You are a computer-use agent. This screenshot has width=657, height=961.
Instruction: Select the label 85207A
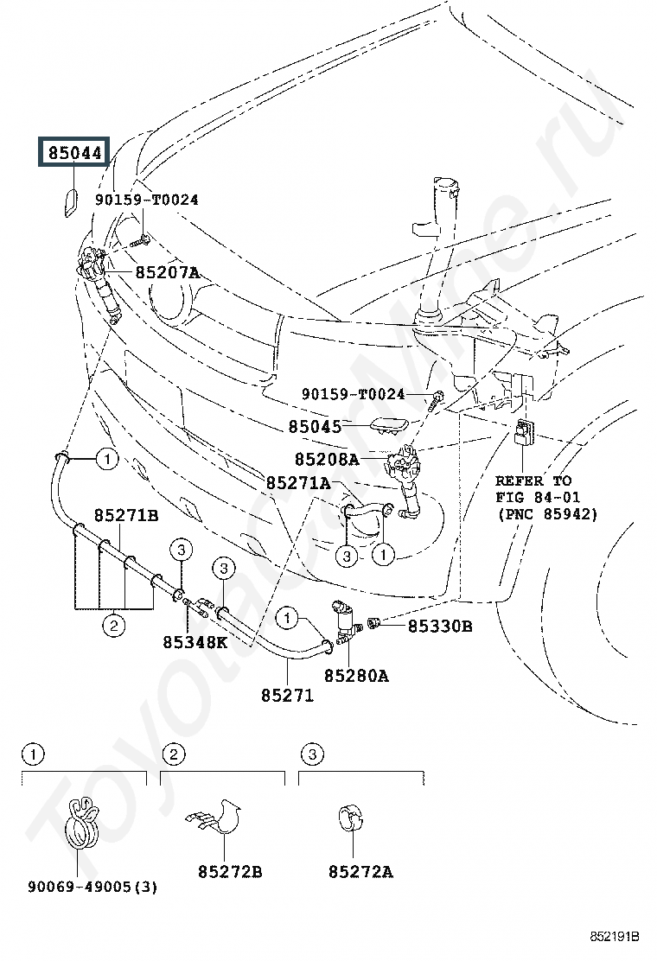pyautogui.click(x=166, y=272)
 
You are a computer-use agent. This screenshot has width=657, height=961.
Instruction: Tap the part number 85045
pyautogui.click(x=316, y=426)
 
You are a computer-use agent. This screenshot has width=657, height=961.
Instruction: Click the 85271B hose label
pyautogui.click(x=126, y=516)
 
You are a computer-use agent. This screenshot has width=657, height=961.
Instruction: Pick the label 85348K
pyautogui.click(x=195, y=642)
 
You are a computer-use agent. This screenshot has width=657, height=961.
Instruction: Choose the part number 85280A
pyautogui.click(x=356, y=676)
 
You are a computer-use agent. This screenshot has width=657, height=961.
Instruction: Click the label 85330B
pyautogui.click(x=439, y=626)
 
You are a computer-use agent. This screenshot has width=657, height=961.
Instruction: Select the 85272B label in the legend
pyautogui.click(x=229, y=872)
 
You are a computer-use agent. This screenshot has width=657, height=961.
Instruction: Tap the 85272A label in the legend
pyautogui.click(x=360, y=872)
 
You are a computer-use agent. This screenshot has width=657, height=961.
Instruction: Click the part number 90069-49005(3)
pyautogui.click(x=92, y=887)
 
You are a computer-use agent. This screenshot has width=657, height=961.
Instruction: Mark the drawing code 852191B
pyautogui.click(x=615, y=936)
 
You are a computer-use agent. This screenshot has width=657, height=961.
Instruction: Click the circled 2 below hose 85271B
pyautogui.click(x=114, y=627)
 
